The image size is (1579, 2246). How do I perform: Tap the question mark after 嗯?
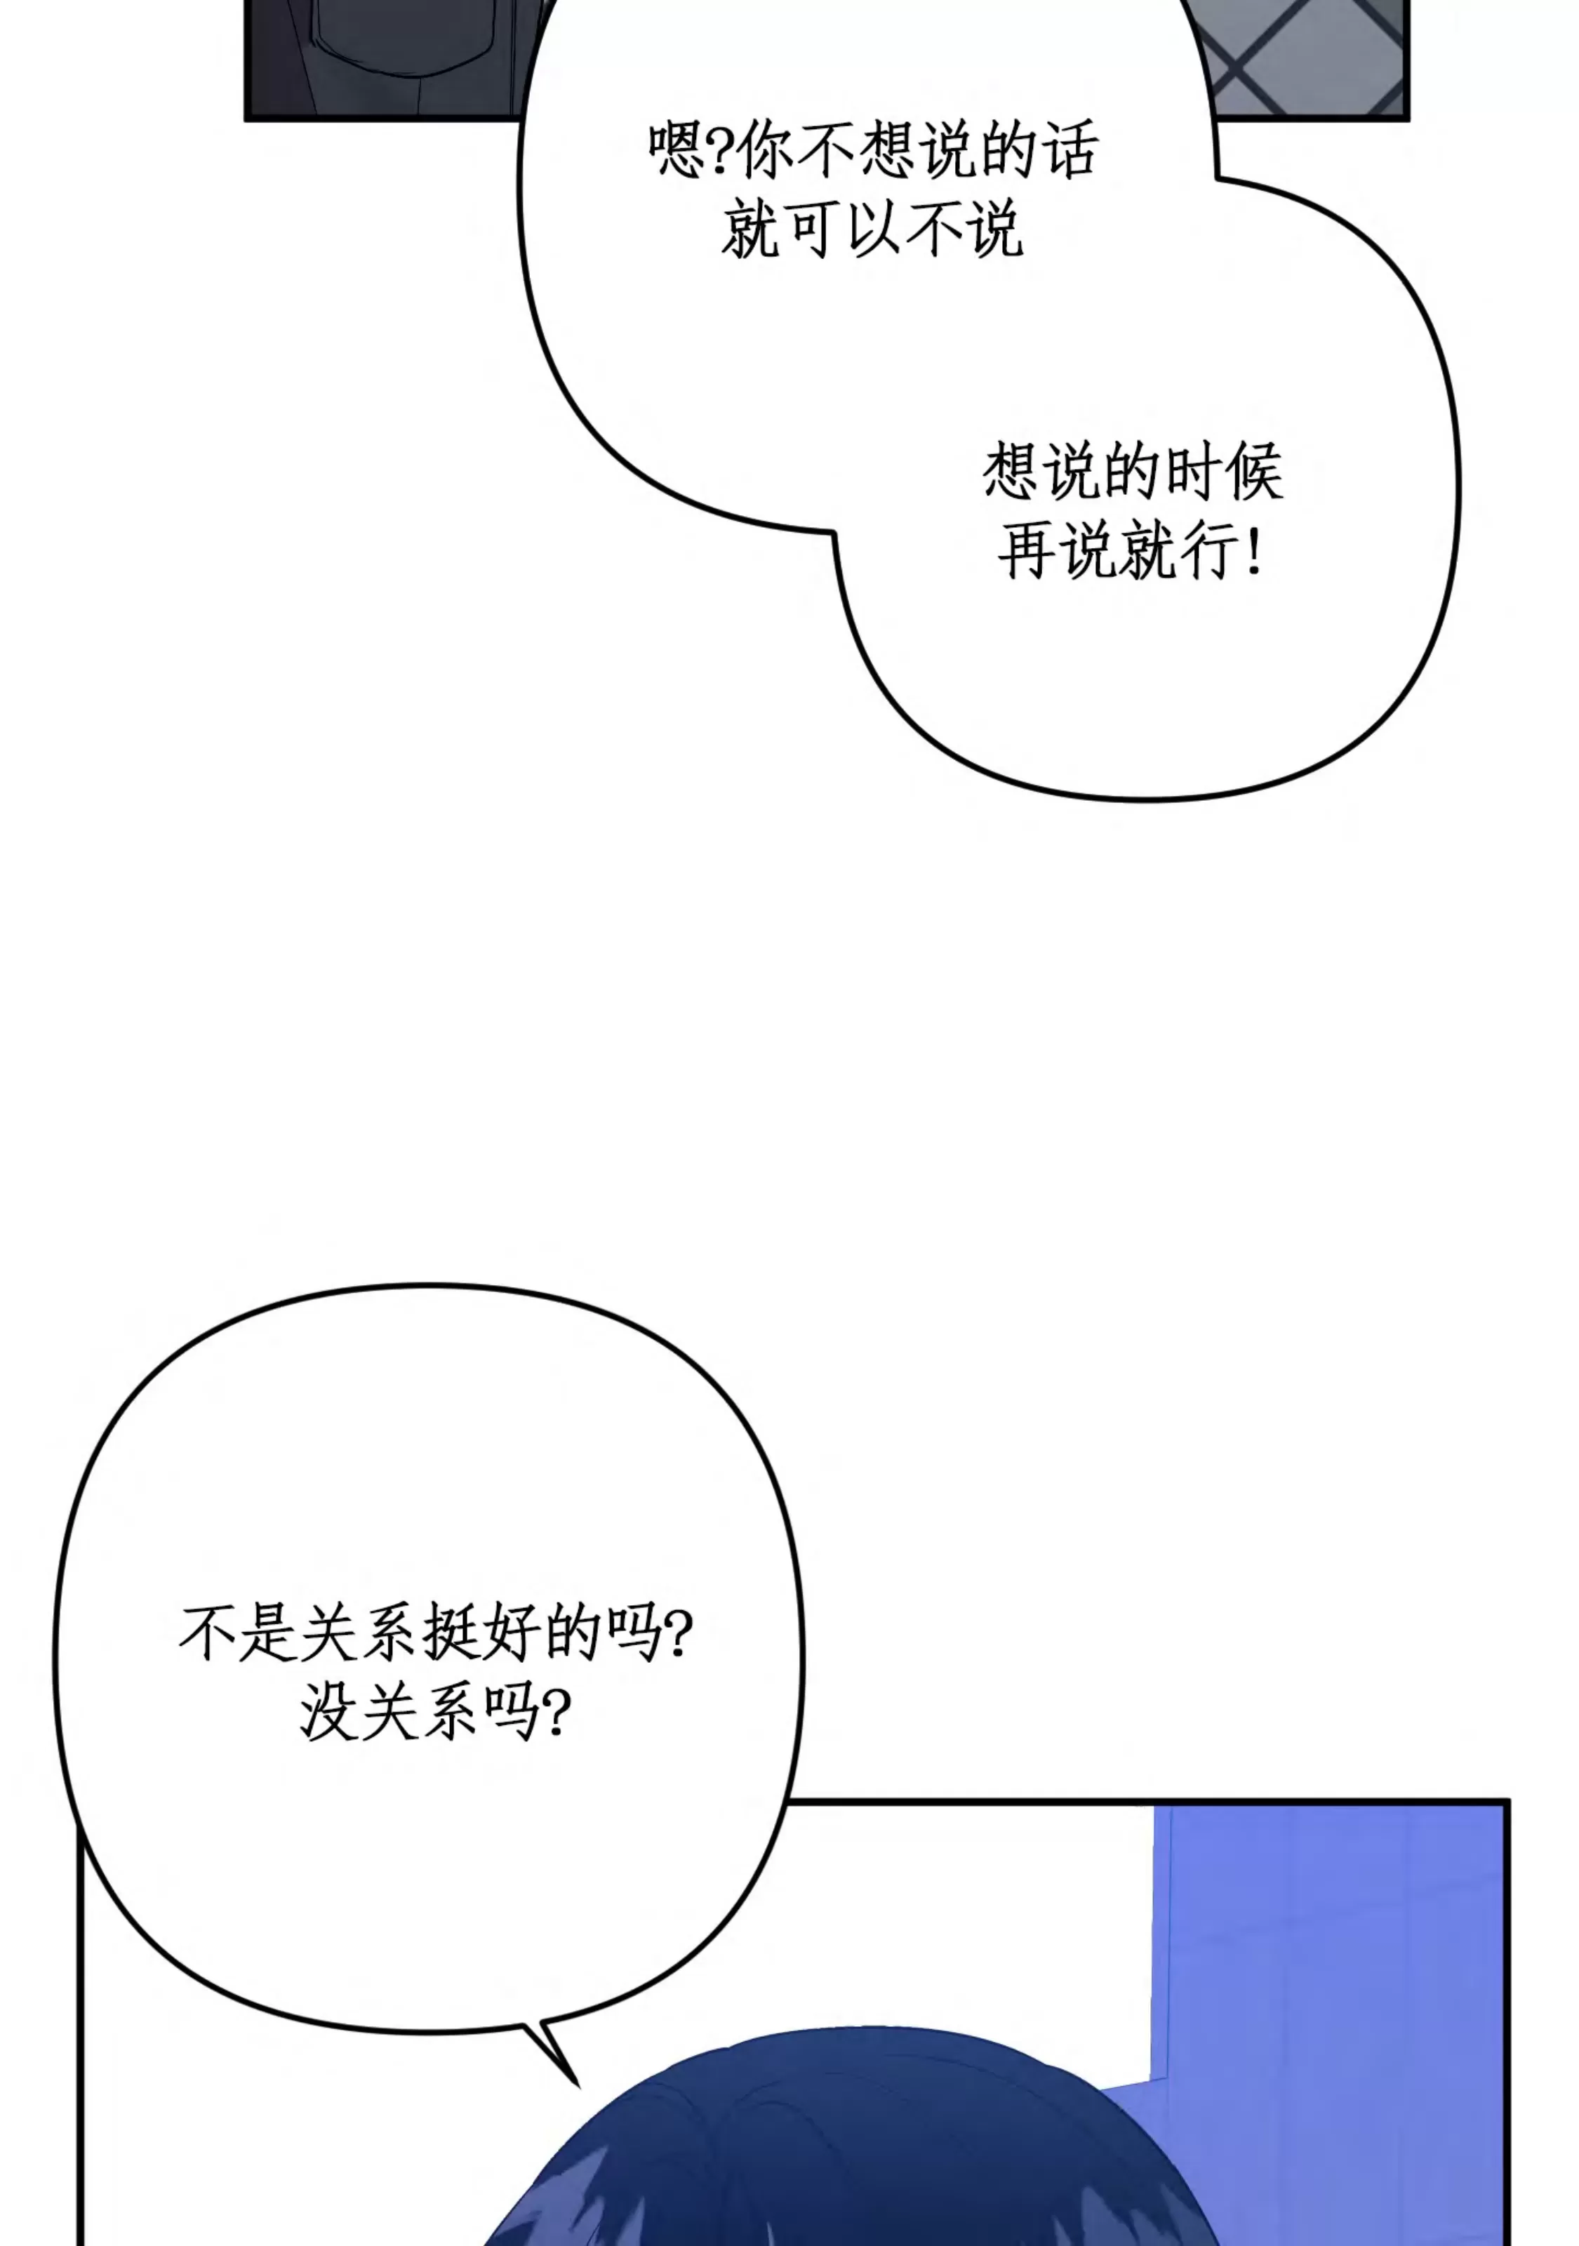click(719, 149)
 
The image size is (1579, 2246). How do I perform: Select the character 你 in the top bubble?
click(764, 149)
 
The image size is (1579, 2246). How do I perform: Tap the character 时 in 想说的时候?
click(1192, 472)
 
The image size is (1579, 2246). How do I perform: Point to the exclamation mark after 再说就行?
click(1253, 552)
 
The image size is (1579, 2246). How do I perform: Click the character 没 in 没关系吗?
click(328, 1714)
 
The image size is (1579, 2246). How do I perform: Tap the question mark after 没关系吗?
click(556, 1714)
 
